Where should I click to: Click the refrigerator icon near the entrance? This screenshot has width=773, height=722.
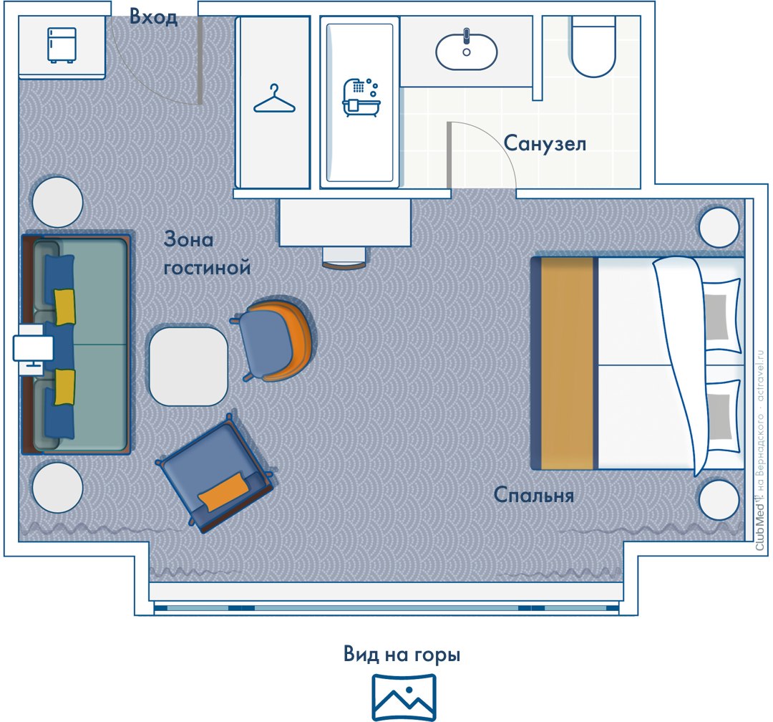click(x=62, y=45)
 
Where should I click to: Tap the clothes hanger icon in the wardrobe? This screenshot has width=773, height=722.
click(x=274, y=99)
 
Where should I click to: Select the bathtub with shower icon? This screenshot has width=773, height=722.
click(x=361, y=97)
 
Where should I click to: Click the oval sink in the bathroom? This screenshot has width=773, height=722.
click(x=467, y=52)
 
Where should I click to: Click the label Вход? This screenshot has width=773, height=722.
click(x=153, y=17)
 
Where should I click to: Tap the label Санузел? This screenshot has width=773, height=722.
click(x=545, y=143)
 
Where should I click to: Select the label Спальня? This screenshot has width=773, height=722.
click(x=534, y=495)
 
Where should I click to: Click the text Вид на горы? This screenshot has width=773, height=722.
click(x=402, y=655)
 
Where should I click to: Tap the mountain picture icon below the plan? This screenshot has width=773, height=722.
click(x=404, y=698)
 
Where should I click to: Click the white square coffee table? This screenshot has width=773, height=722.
click(x=188, y=366)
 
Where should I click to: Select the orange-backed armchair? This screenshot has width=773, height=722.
click(x=274, y=340)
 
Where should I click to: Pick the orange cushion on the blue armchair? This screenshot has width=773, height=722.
click(x=223, y=491)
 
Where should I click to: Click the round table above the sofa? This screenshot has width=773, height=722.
click(x=58, y=202)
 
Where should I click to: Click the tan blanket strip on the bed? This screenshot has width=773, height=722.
click(x=567, y=362)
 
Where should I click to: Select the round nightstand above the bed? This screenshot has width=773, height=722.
click(x=719, y=228)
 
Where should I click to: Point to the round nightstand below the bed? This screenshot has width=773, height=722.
click(x=719, y=499)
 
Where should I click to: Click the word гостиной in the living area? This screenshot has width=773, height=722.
click(x=207, y=268)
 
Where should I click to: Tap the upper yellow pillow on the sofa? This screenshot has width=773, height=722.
click(x=64, y=307)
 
